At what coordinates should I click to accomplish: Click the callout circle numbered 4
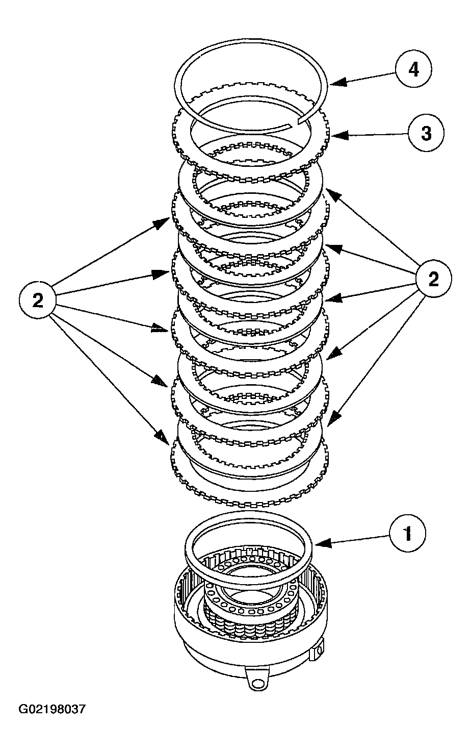[x=413, y=69]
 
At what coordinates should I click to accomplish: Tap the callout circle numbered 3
[x=426, y=133]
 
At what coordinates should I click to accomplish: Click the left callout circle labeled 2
[x=38, y=300]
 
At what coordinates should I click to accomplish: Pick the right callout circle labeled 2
[x=433, y=279]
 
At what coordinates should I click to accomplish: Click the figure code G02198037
[x=53, y=709]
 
